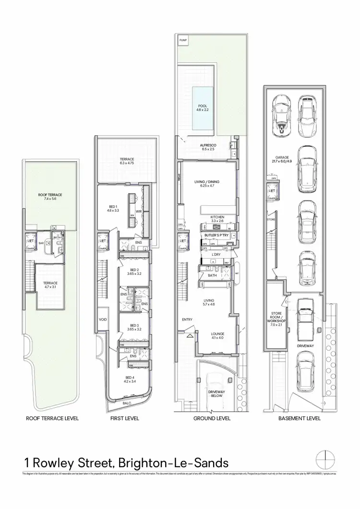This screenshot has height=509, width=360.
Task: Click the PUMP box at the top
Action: [x=183, y=41]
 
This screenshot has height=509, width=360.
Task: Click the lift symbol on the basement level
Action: [x=272, y=191]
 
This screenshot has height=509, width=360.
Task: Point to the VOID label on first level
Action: [x=103, y=320]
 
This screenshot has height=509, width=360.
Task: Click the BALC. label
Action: [x=126, y=404]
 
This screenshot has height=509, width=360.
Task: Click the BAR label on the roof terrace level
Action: [x=43, y=243]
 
